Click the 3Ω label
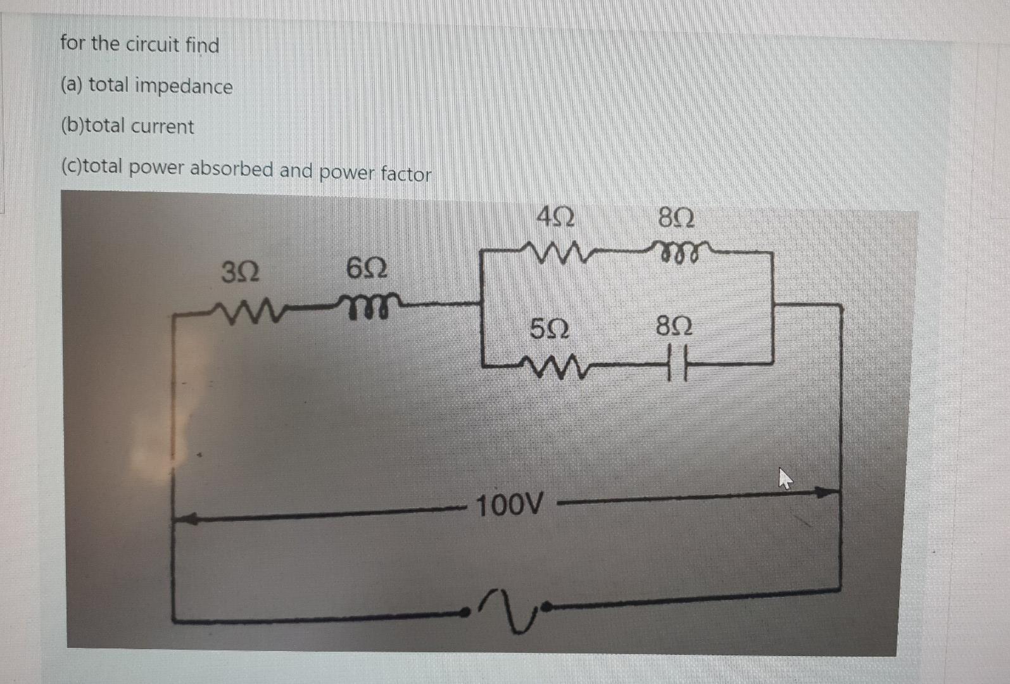click(240, 272)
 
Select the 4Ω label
click(555, 218)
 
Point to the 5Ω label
click(549, 329)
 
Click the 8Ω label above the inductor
click(676, 218)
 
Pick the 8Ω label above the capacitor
click(674, 326)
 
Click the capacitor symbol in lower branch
click(676, 366)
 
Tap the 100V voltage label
click(509, 505)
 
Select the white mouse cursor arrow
click(785, 478)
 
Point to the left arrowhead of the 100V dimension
click(184, 519)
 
